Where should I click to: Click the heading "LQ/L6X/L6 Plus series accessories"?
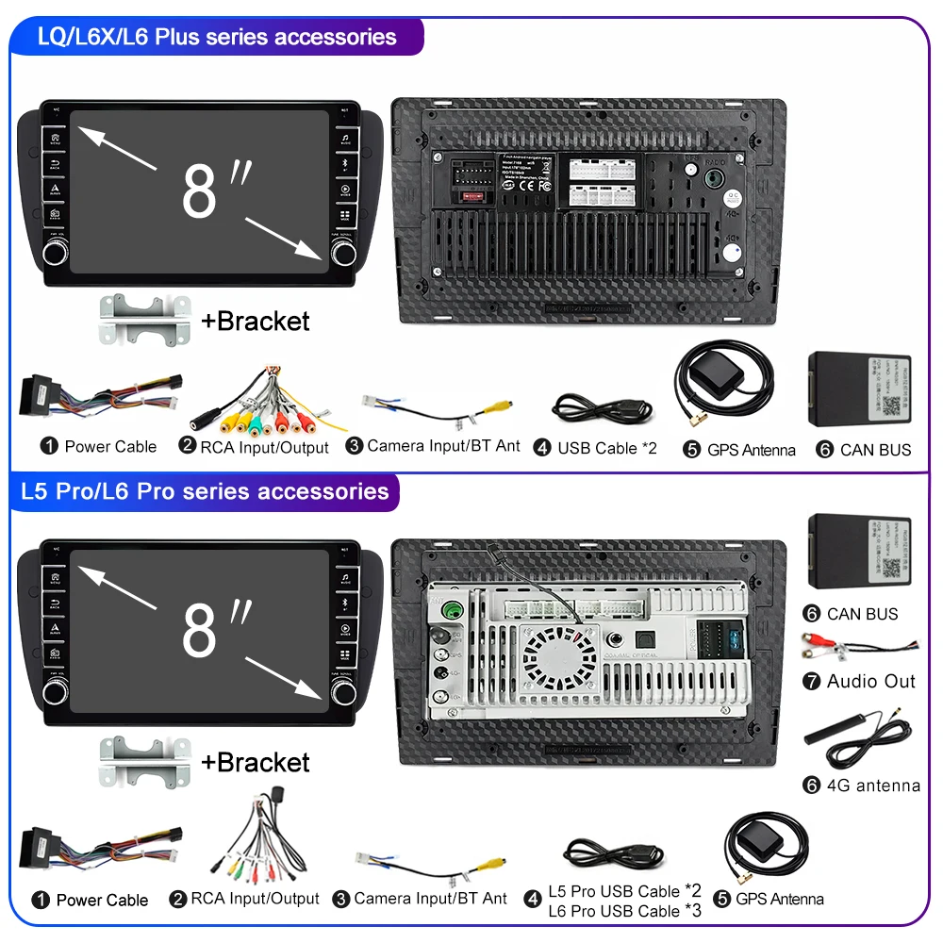click(216, 37)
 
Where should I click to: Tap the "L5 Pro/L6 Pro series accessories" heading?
click(204, 491)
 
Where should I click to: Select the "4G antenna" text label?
click(873, 785)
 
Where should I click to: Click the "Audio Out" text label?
click(871, 681)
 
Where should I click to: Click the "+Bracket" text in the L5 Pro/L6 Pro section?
click(255, 762)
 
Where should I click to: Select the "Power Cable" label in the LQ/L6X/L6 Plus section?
click(110, 446)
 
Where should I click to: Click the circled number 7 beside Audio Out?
click(812, 681)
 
